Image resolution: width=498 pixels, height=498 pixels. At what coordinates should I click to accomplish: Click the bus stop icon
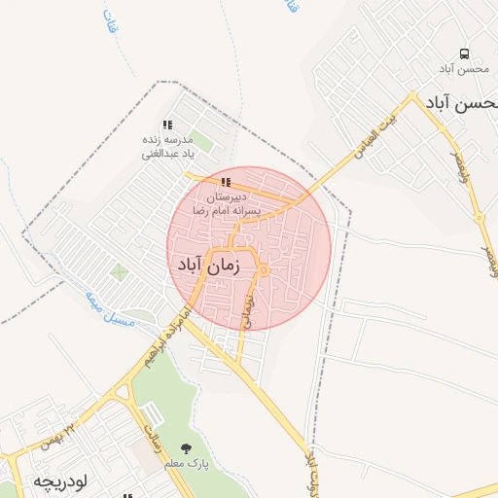coord(463,53)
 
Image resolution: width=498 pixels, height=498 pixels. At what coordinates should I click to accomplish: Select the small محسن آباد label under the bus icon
coord(462,69)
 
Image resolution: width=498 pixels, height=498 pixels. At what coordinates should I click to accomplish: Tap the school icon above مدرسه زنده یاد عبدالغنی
coord(167,124)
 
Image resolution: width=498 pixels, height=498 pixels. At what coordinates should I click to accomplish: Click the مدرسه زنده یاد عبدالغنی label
coord(168,147)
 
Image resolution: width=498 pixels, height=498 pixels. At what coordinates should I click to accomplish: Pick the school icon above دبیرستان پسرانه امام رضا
coord(226,182)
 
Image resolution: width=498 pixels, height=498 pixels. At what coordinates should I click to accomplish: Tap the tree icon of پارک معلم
coord(186,449)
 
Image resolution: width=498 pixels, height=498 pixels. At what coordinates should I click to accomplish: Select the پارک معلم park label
coord(186,465)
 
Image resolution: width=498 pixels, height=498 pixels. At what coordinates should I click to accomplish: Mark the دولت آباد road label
coord(312,471)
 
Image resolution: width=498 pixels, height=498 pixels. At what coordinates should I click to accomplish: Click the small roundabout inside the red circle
coord(264,270)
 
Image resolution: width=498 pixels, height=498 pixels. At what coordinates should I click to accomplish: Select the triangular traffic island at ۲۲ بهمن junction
coord(123,393)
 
